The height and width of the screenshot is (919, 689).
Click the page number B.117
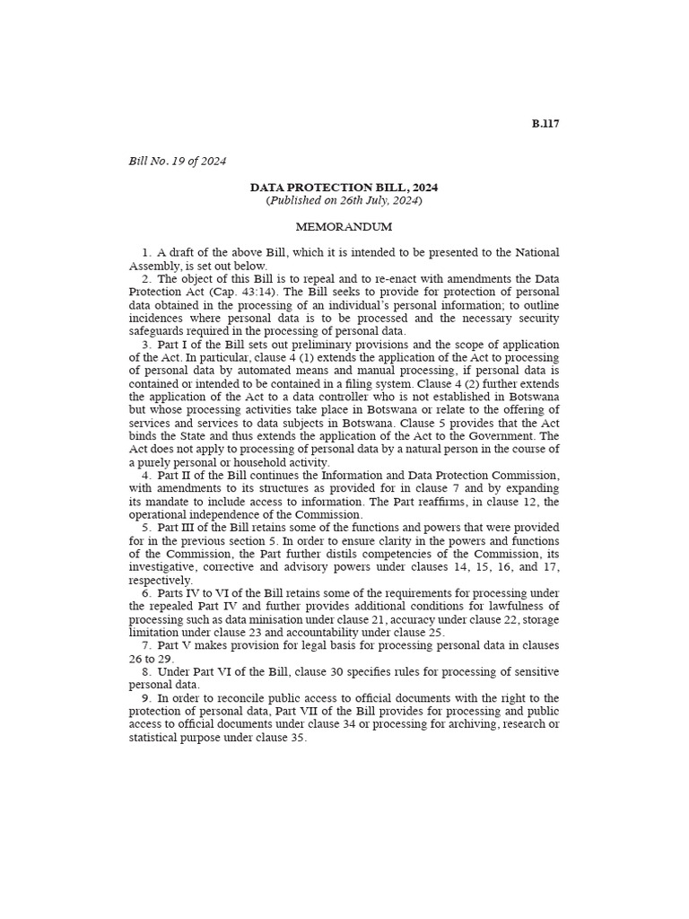(545, 124)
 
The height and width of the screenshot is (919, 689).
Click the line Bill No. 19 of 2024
(178, 162)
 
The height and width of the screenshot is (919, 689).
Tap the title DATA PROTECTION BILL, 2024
(344, 188)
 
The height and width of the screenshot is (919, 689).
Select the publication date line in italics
(344, 201)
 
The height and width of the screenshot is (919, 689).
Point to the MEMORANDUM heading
(344, 228)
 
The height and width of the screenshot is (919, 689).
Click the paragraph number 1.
(145, 253)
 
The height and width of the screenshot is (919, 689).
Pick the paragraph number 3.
(145, 345)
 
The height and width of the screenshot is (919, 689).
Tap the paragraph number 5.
(145, 528)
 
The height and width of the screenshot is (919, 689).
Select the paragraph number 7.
(145, 646)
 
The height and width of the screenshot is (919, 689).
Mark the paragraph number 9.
(145, 698)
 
